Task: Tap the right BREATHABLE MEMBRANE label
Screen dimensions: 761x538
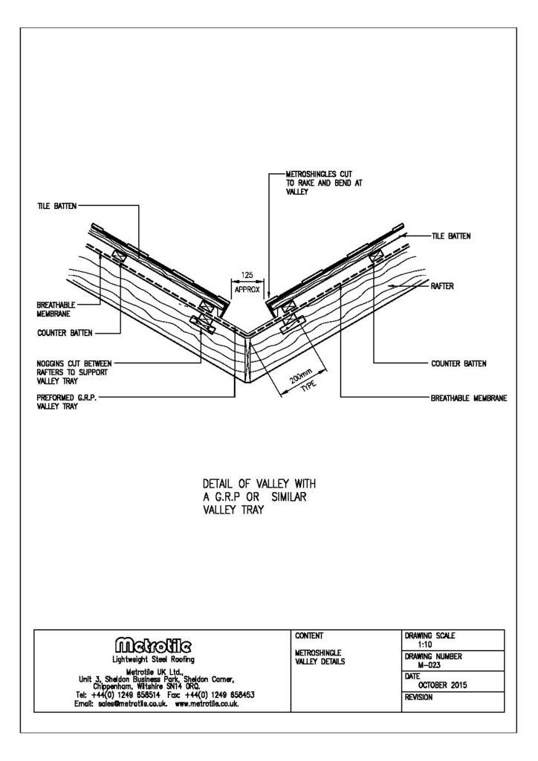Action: tap(469, 398)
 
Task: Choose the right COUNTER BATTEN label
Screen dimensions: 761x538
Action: tap(459, 363)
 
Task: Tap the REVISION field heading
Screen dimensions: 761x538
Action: tap(419, 698)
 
